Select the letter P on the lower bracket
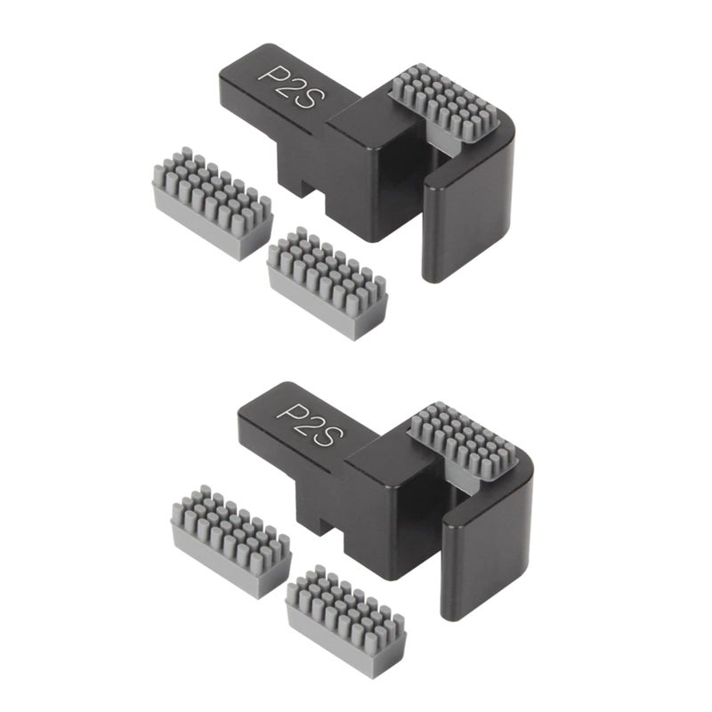290,413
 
